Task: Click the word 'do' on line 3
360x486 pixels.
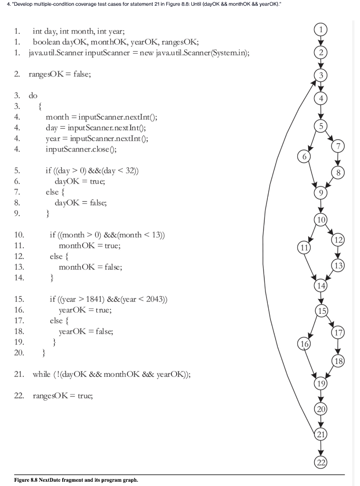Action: click(33, 95)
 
